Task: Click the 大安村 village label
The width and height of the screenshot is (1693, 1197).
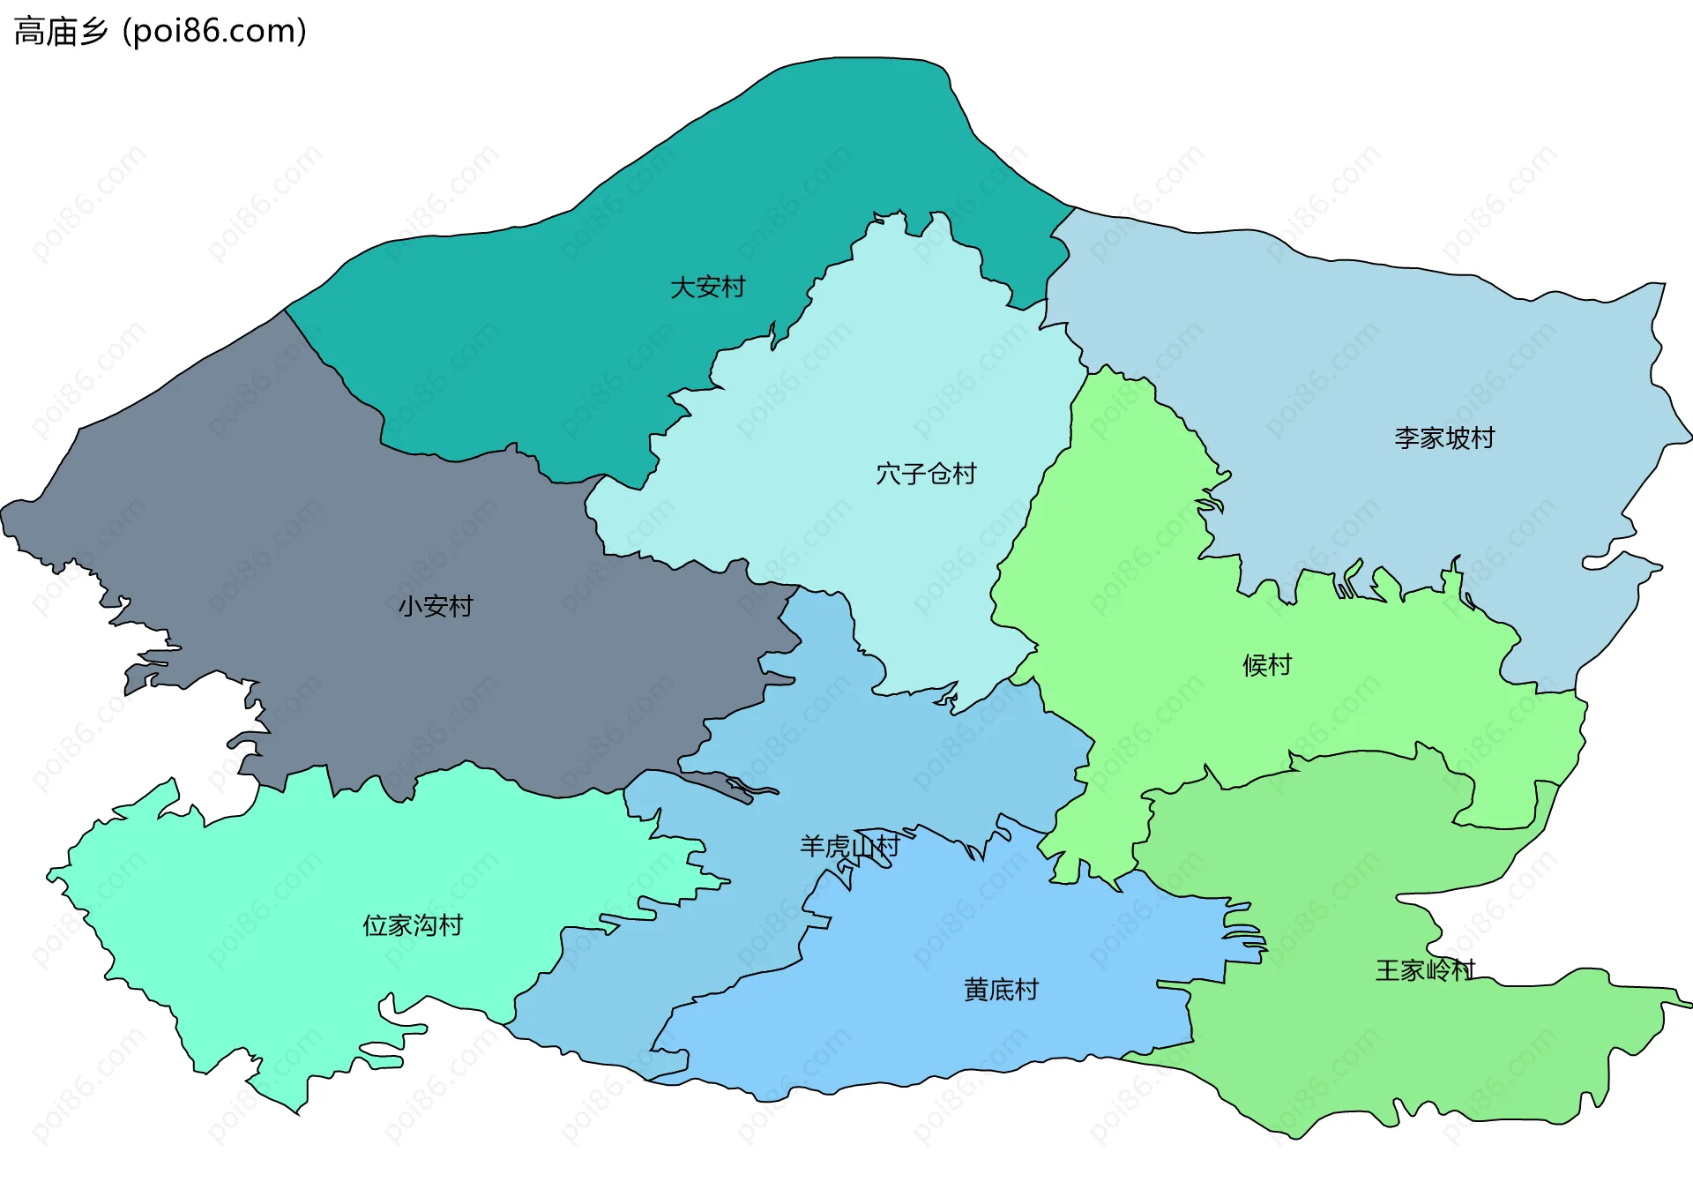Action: point(707,288)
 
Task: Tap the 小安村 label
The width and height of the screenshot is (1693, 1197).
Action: point(436,607)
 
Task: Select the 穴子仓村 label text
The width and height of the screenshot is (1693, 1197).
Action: point(926,475)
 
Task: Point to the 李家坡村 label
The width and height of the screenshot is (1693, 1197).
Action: point(1444,438)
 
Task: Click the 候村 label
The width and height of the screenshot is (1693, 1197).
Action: point(1267,665)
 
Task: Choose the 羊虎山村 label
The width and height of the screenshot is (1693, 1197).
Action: point(849,847)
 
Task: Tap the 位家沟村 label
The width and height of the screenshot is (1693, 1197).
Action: point(413,925)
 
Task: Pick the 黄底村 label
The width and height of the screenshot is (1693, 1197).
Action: point(1001,990)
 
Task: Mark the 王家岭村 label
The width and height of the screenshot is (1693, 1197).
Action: point(1425,971)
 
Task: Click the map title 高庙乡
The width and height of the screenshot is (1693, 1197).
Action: point(61,32)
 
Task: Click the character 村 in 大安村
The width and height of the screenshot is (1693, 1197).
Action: point(733,288)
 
